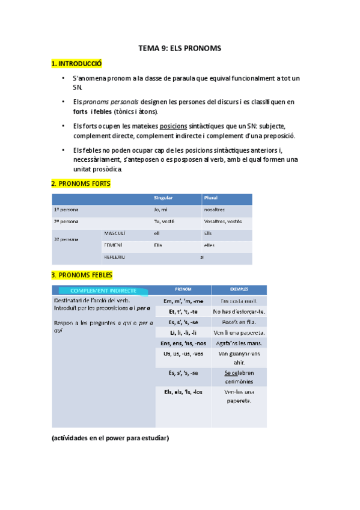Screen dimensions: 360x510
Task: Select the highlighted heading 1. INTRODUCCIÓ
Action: (77, 63)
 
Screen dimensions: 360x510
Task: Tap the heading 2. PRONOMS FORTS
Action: (81, 183)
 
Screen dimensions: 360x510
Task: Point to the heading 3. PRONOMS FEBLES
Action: (83, 275)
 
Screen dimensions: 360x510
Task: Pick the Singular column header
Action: (163, 198)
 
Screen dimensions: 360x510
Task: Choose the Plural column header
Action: (211, 198)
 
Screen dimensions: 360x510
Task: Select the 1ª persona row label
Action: (66, 209)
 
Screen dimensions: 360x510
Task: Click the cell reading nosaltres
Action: (215, 209)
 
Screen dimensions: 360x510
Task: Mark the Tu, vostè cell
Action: (163, 221)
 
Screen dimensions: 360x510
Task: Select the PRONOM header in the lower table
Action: (183, 289)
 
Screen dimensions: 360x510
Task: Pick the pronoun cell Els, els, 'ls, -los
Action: (183, 392)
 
